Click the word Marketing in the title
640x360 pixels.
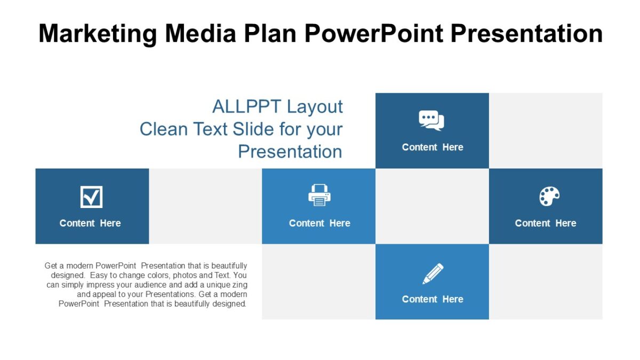(x=98, y=33)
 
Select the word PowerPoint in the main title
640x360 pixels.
(x=373, y=33)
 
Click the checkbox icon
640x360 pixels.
(x=91, y=197)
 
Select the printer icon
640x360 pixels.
(x=319, y=195)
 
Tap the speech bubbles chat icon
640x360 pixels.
(x=431, y=121)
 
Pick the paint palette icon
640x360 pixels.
(x=549, y=196)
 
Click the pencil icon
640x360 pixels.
(x=433, y=274)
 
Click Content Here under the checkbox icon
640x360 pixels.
(x=90, y=223)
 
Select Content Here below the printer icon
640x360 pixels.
(x=319, y=223)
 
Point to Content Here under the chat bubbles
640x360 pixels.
(x=433, y=147)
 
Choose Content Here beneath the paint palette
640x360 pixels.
(x=546, y=223)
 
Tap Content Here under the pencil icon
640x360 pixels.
(x=433, y=299)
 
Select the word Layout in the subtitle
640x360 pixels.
(x=315, y=107)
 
